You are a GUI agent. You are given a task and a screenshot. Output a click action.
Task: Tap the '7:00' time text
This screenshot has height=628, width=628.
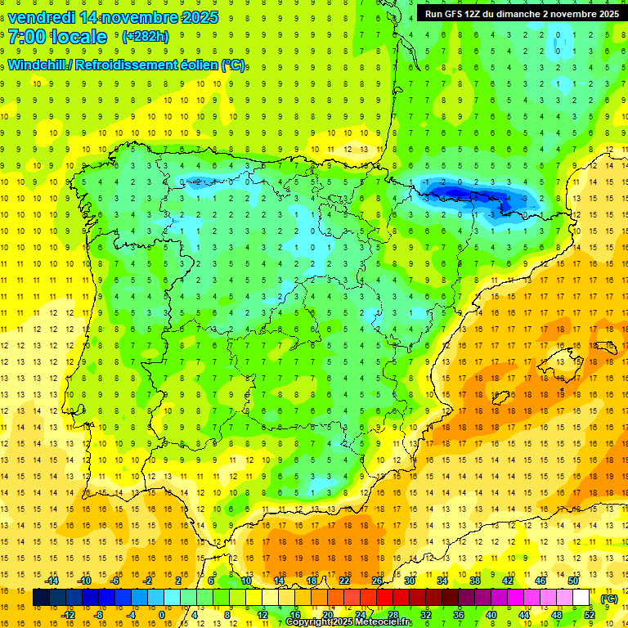click(x=27, y=37)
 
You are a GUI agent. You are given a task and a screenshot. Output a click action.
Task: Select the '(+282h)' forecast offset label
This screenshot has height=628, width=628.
click(x=146, y=37)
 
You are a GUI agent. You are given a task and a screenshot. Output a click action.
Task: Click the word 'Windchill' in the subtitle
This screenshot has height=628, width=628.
click(x=37, y=65)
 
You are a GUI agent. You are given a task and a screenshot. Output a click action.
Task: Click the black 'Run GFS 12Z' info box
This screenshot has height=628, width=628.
click(x=519, y=14)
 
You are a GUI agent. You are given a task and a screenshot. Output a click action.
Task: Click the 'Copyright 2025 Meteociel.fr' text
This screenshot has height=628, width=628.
click(x=348, y=622)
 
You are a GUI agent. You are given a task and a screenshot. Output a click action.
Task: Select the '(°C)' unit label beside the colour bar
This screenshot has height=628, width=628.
click(x=609, y=599)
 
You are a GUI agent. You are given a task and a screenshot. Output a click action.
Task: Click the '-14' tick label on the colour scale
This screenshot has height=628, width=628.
click(x=52, y=581)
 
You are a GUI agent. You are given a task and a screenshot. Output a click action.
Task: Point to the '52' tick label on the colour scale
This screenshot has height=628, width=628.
click(x=590, y=615)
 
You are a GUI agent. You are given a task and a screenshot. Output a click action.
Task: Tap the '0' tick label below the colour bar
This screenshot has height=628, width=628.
click(x=162, y=615)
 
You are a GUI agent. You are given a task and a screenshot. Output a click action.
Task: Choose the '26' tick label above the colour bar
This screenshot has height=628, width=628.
click(x=377, y=581)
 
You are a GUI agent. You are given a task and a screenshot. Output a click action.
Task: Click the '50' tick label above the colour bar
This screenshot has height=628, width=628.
click(x=573, y=581)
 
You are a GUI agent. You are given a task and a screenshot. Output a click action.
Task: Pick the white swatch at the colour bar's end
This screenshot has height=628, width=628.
click(x=581, y=598)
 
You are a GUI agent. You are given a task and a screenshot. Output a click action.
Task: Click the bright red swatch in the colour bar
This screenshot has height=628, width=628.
click(x=385, y=598)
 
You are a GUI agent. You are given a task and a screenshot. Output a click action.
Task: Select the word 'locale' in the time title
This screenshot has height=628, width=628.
click(x=78, y=37)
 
